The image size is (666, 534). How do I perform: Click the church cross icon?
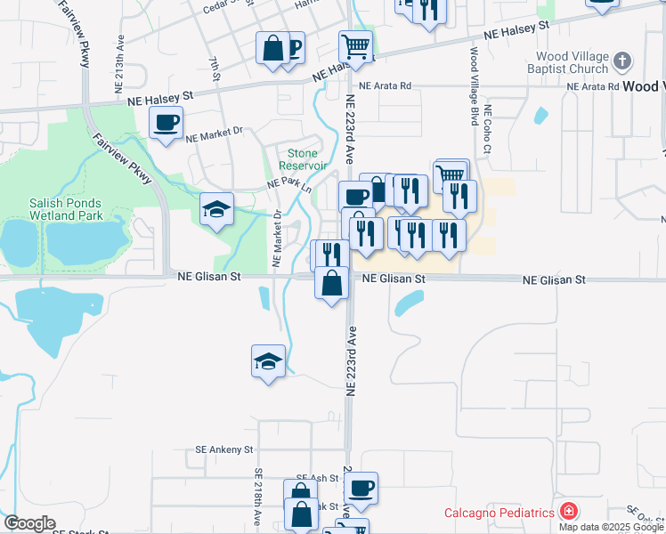pyautogui.click(x=622, y=61)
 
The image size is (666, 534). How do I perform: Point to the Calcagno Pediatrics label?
pyautogui.click(x=499, y=513)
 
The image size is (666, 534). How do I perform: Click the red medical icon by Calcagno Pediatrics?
pyautogui.click(x=567, y=512)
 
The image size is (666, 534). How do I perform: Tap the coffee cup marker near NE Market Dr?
pyautogui.click(x=166, y=123)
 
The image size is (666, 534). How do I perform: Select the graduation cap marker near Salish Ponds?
pyautogui.click(x=216, y=209)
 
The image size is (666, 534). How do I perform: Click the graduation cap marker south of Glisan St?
pyautogui.click(x=268, y=361)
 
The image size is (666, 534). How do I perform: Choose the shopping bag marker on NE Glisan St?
pyautogui.click(x=332, y=284)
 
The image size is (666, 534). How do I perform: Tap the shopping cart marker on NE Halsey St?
pyautogui.click(x=355, y=45)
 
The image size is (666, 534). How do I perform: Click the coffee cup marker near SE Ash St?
pyautogui.click(x=361, y=489)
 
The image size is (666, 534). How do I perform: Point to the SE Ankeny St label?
pyautogui.click(x=224, y=450)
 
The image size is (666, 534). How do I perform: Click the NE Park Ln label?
pyautogui.click(x=289, y=184)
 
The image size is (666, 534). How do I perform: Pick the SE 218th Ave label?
pyautogui.click(x=257, y=494)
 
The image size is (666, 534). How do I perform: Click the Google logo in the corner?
pyautogui.click(x=29, y=523)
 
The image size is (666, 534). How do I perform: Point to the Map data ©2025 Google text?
pyautogui.click(x=611, y=527)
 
